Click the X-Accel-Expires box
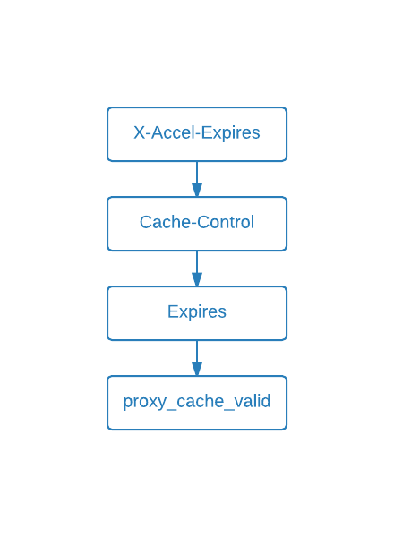197,134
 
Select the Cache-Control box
197,224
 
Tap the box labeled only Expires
197,313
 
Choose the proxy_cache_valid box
197,403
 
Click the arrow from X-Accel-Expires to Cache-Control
197,175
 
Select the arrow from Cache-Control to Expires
197,265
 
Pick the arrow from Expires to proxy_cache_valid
197,354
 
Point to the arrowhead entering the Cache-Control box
197,191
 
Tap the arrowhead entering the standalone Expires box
197,280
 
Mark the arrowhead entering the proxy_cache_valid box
197,370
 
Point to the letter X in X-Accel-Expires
139,133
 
